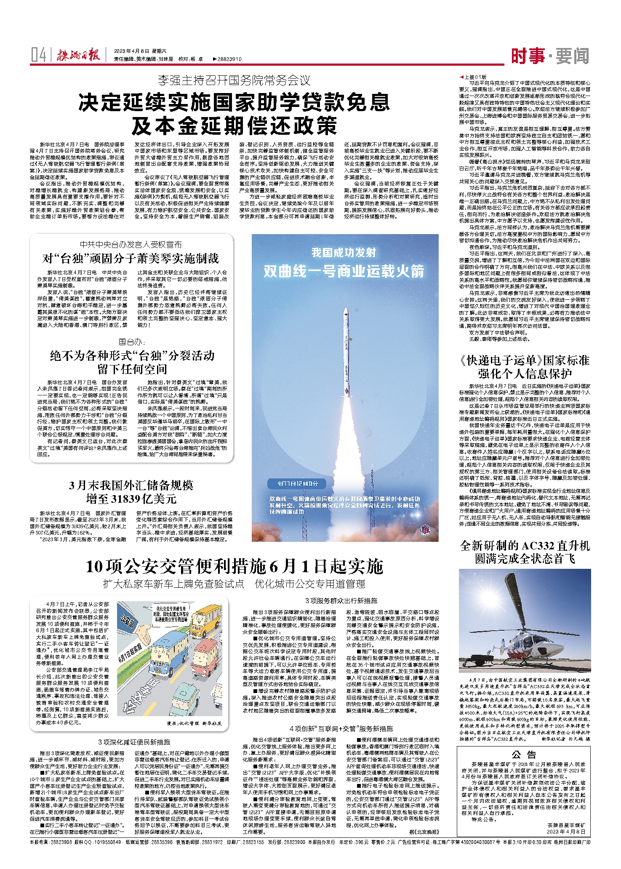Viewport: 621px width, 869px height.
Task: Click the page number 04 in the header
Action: click(x=38, y=55)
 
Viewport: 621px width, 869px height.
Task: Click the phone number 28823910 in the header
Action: click(x=229, y=59)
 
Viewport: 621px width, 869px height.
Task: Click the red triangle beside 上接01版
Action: click(x=462, y=77)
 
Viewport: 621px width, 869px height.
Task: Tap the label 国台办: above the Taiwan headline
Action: click(x=132, y=341)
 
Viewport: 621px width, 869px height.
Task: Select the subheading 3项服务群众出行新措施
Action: click(x=341, y=600)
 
